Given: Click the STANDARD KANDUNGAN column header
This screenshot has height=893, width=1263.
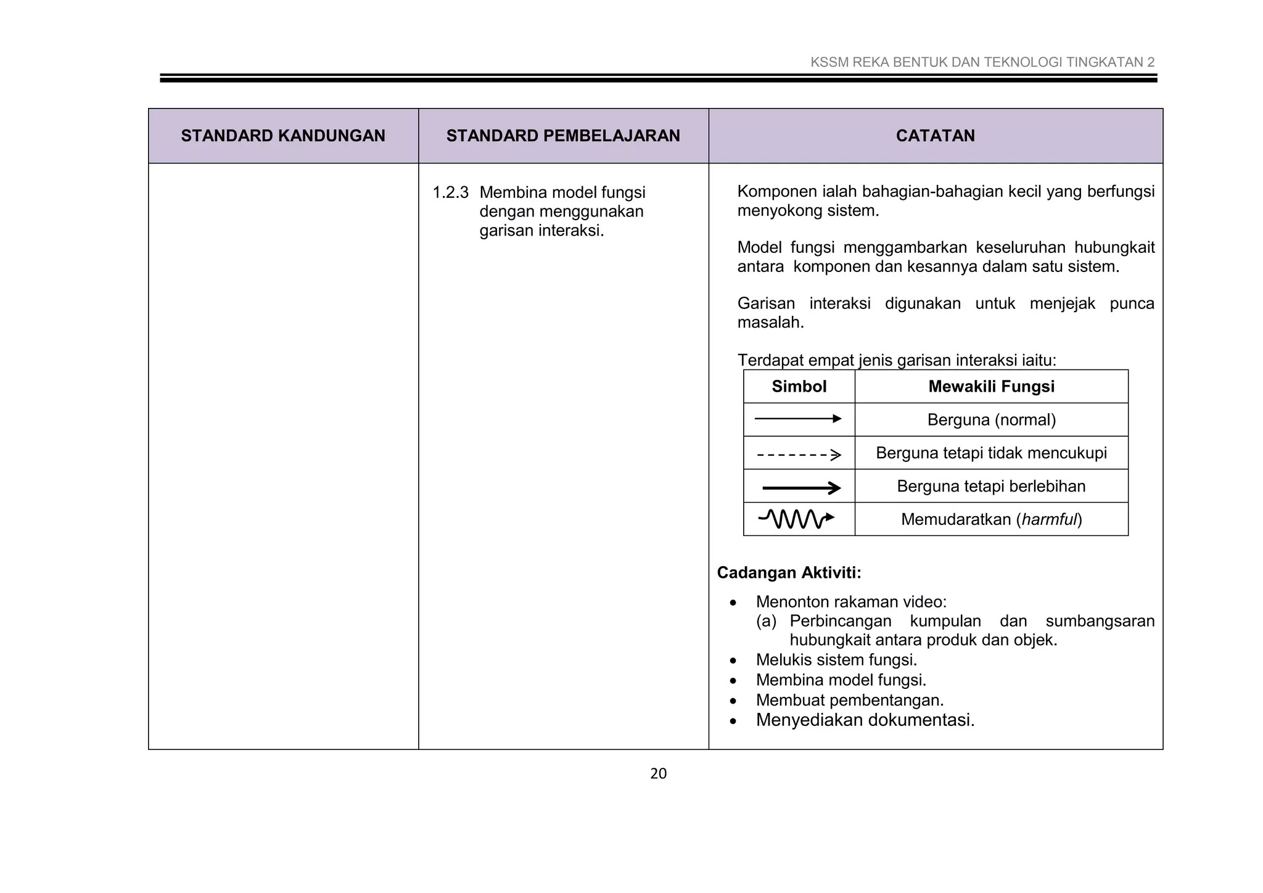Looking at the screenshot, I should pos(283,136).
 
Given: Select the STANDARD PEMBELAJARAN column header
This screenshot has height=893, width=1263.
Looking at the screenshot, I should pos(563,136).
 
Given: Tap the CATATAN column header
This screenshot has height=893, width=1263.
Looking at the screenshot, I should pos(935,136).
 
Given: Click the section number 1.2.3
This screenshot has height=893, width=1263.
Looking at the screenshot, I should pos(450,193).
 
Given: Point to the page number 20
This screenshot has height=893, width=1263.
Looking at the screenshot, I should pos(658,773).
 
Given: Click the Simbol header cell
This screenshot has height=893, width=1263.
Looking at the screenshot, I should pos(799,387).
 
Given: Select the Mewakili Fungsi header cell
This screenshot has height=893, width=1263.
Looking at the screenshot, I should pos(991,387).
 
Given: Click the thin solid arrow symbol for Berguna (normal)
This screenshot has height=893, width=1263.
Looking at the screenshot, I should pos(798,419).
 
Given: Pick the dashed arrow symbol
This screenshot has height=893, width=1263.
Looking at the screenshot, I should pos(799,455).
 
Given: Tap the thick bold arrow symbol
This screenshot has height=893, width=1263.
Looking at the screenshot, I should pos(801,488).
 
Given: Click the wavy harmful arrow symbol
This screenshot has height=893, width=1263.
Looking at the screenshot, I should pos(796,519).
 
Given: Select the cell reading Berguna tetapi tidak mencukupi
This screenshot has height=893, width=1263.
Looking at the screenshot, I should pos(991,453).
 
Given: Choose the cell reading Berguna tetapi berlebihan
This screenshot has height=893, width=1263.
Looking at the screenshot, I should pos(991,487).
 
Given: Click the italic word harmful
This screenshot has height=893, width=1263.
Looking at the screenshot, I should pos(1049,519).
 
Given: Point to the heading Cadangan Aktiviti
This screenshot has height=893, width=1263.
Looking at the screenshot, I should pos(789,573).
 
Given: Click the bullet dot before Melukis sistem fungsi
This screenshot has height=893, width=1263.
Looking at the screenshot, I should pos(733,661).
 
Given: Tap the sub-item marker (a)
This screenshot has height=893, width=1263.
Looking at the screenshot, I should pos(766,621).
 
